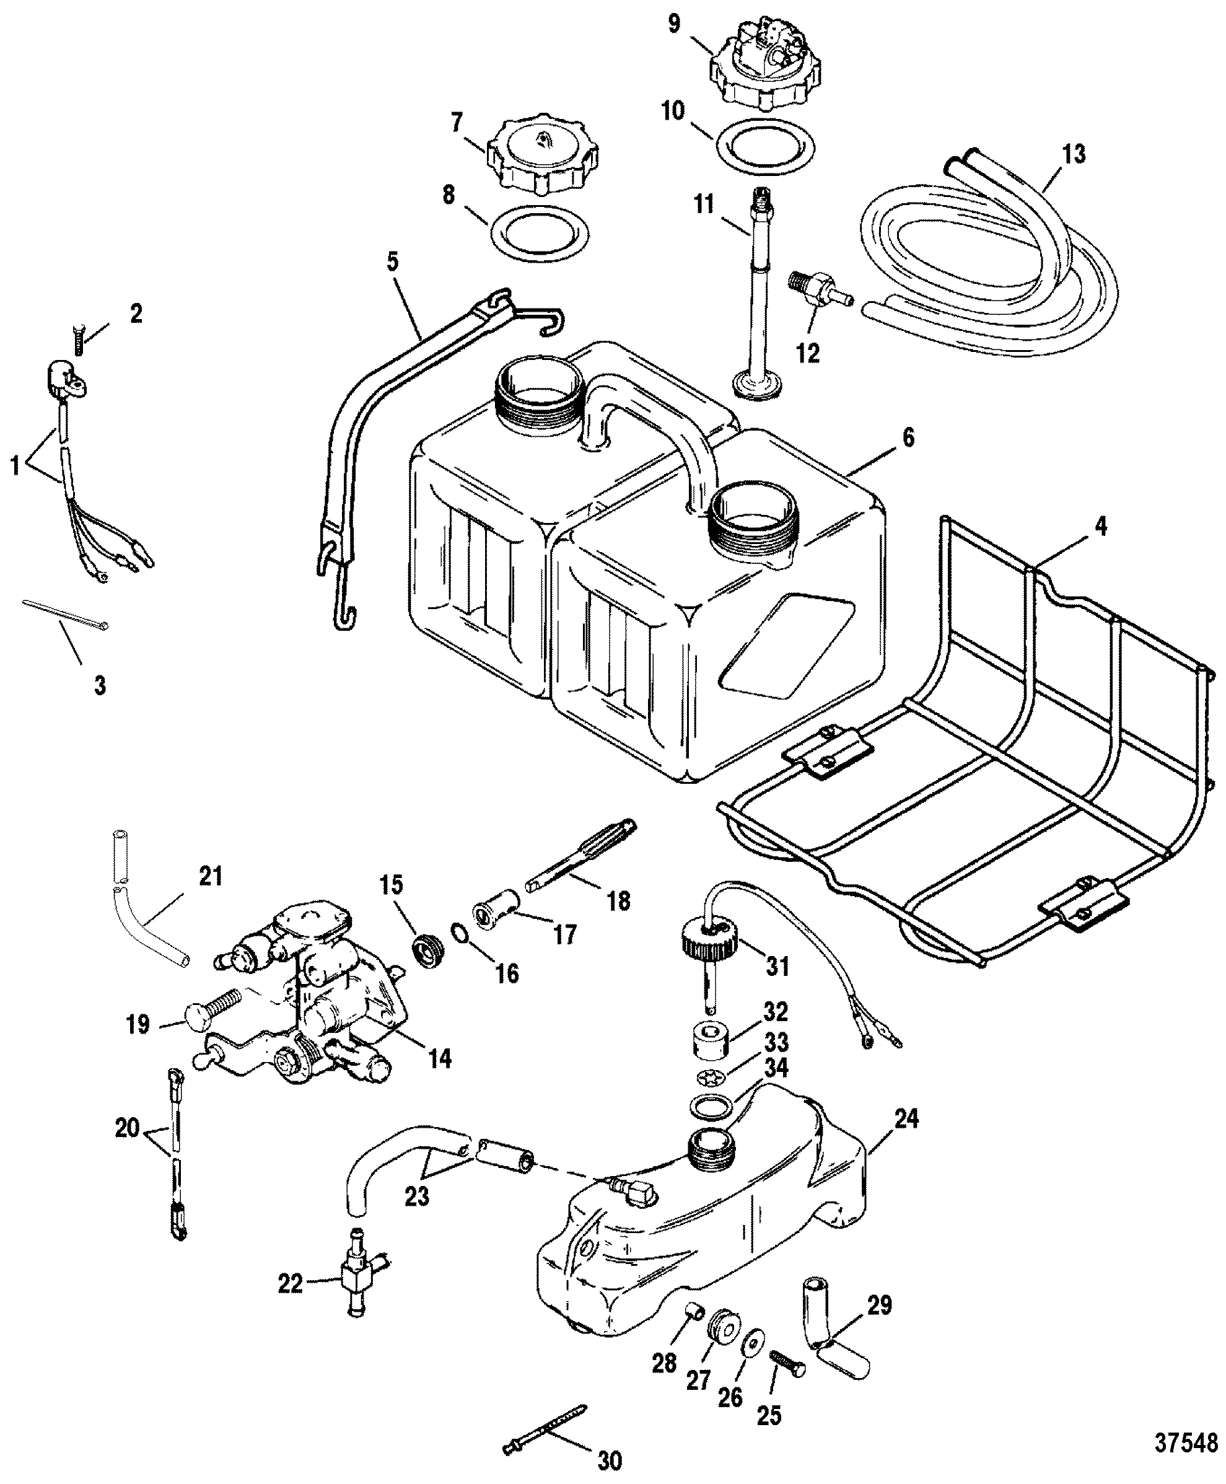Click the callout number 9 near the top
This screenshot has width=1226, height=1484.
click(x=674, y=25)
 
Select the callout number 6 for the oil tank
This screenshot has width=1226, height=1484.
click(x=908, y=438)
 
